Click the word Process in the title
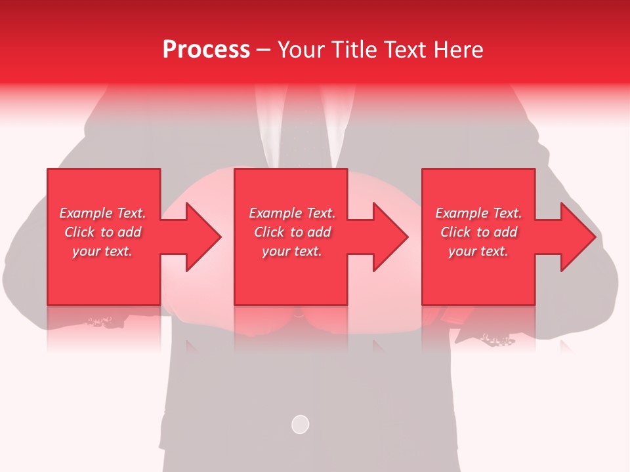206,50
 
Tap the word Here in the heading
459,50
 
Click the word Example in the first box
85,213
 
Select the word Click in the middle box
268,232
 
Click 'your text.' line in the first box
102,251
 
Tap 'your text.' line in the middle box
291,251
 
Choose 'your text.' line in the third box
478,251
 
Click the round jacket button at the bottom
300,424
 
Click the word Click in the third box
455,232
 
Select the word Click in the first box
79,232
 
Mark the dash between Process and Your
263,50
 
